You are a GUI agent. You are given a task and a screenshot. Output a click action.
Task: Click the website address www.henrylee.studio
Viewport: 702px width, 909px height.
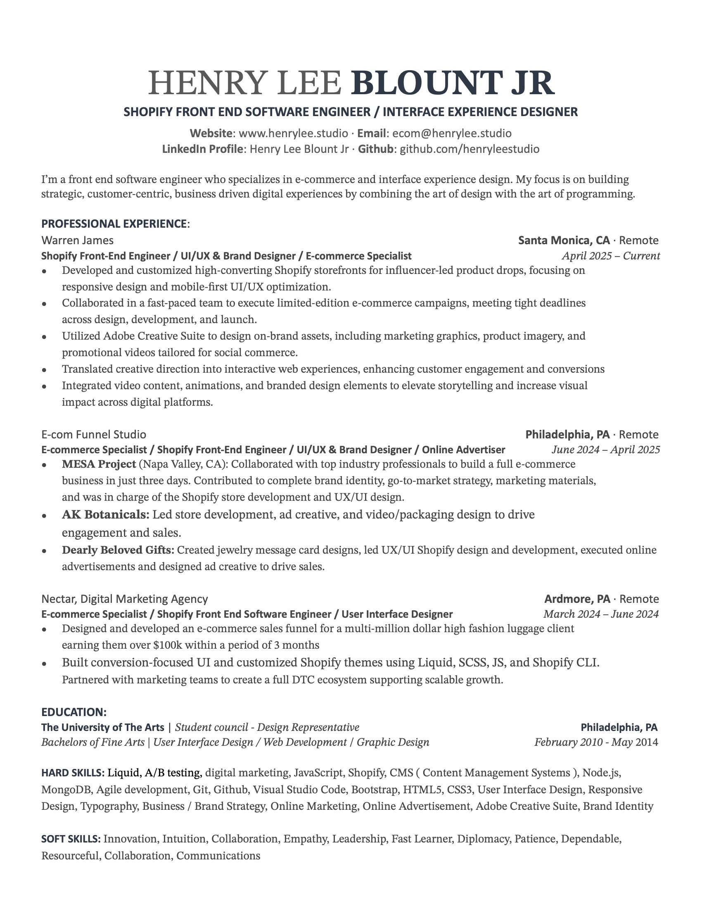point(293,133)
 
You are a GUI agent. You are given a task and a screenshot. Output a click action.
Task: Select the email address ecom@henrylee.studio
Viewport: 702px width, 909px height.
point(452,133)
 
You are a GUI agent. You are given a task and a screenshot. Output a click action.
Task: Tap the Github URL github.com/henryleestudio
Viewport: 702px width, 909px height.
point(469,149)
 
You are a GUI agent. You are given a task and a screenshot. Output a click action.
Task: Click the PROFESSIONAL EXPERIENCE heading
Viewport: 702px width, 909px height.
point(114,224)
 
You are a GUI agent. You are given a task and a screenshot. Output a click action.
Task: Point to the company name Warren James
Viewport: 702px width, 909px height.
point(77,240)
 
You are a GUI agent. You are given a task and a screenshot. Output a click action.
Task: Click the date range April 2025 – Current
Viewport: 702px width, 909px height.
point(610,255)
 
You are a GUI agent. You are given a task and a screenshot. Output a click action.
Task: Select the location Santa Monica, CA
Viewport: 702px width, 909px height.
point(564,240)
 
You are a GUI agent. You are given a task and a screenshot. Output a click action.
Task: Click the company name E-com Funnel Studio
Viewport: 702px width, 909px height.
point(94,435)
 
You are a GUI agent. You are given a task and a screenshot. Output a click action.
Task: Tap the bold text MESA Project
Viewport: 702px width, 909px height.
point(99,464)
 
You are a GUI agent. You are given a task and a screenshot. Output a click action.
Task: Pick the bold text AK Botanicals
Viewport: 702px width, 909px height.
point(105,515)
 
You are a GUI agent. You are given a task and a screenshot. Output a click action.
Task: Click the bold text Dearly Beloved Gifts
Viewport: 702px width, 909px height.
point(118,550)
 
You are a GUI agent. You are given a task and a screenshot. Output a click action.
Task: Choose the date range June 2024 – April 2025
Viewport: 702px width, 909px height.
point(605,450)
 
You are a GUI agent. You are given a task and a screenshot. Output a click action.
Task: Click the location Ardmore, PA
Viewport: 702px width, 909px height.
point(577,599)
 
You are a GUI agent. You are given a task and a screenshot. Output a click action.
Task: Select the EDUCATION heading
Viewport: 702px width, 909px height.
point(74,712)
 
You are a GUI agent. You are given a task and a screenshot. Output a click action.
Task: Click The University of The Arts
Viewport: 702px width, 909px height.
point(103,727)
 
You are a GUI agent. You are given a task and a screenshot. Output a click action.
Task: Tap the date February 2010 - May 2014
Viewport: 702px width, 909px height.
point(596,742)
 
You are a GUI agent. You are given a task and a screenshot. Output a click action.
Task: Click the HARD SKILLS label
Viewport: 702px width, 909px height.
point(72,773)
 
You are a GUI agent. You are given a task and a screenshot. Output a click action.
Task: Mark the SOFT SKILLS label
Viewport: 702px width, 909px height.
point(71,839)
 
